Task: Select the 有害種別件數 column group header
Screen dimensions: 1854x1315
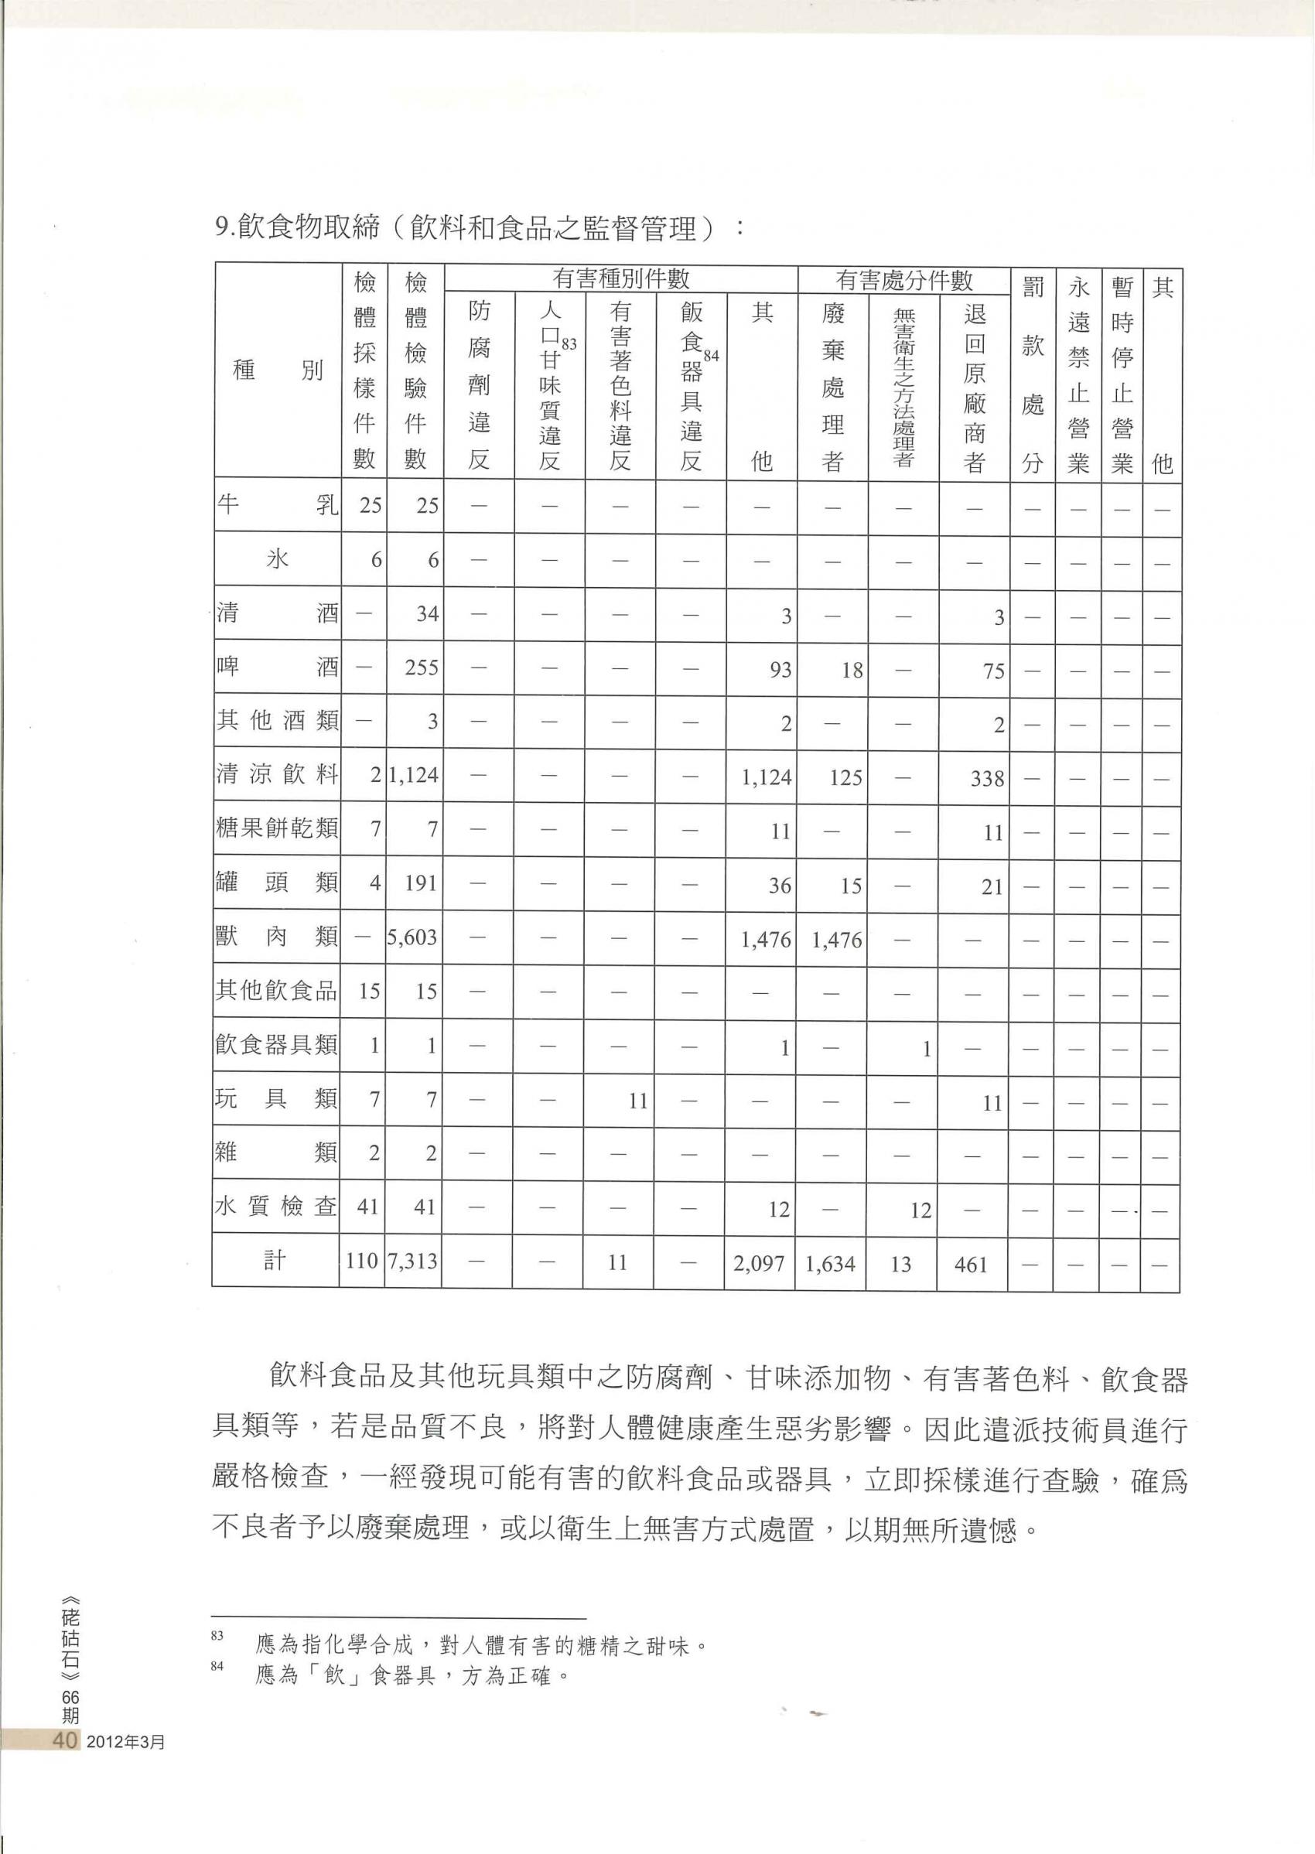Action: pos(620,279)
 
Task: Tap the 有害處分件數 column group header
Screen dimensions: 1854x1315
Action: pos(903,280)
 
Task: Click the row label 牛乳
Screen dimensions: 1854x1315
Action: pos(277,505)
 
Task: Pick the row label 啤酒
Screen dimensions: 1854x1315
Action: pos(277,668)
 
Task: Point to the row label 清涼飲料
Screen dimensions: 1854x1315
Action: pos(277,775)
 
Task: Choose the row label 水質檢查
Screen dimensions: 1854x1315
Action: pos(277,1207)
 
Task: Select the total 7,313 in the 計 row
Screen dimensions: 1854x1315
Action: pos(413,1262)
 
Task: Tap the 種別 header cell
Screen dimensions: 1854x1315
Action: pos(277,370)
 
